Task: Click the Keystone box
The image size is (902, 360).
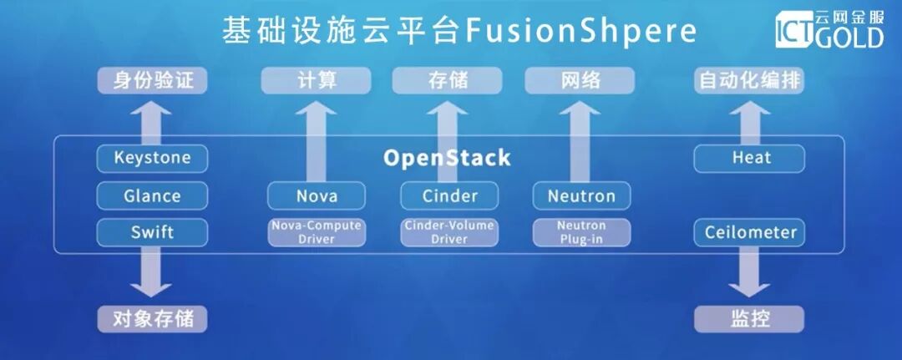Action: [x=152, y=158]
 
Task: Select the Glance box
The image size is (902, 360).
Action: [x=152, y=196]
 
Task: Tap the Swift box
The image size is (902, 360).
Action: [x=152, y=232]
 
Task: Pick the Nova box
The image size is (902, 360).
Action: [x=317, y=196]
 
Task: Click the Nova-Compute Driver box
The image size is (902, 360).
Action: [x=317, y=232]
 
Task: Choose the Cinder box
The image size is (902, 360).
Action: [x=449, y=196]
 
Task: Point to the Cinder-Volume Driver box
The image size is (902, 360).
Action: [x=449, y=232]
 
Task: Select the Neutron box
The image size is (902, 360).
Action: [x=581, y=196]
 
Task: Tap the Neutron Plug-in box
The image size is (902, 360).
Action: [x=581, y=232]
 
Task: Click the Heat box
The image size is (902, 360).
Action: [x=750, y=158]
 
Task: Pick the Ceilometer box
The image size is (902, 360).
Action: [x=750, y=232]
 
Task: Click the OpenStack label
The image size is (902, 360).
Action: [x=447, y=158]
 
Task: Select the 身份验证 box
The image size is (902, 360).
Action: [x=152, y=81]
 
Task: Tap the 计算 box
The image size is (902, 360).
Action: [x=317, y=81]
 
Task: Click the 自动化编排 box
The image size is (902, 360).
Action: [x=749, y=81]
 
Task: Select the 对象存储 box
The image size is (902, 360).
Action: [x=152, y=318]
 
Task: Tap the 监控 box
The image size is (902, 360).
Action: [x=749, y=318]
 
